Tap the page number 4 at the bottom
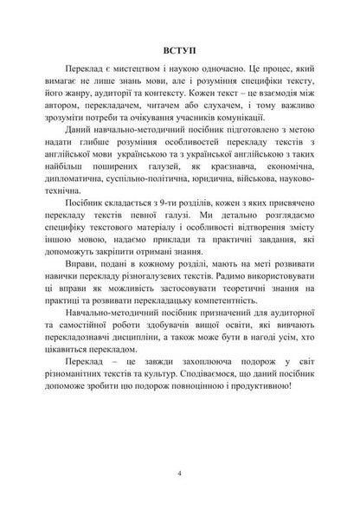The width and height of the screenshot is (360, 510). [x=179, y=473]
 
